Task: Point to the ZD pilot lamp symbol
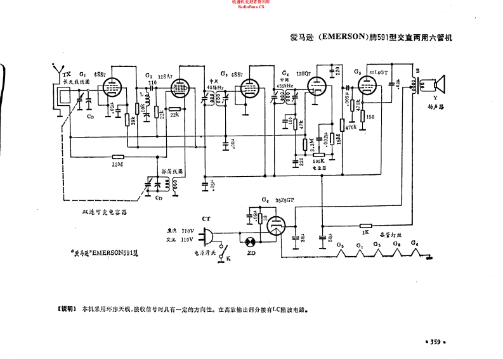[x=250, y=241]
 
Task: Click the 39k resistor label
[x=131, y=120]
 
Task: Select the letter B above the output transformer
[x=417, y=70]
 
